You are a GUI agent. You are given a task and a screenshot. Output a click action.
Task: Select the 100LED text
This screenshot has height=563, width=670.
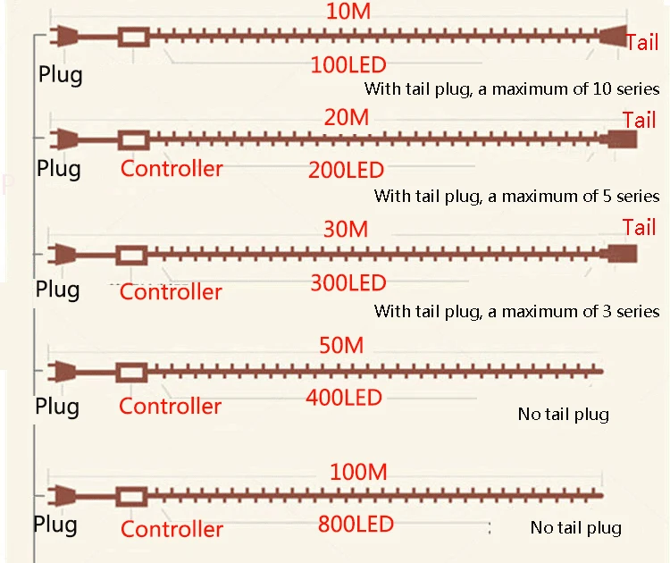tap(347, 65)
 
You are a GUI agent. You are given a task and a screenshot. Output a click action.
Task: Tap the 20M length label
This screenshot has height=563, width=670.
tap(347, 117)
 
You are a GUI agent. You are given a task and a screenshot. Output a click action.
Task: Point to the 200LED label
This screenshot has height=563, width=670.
tap(346, 170)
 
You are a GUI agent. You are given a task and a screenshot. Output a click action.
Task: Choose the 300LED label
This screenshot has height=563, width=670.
tap(348, 283)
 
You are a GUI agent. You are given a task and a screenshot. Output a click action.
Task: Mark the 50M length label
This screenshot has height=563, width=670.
tap(342, 345)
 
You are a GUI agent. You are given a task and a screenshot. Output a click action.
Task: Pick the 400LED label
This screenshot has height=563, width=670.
tap(344, 398)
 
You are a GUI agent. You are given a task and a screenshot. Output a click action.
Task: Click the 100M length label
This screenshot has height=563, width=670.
tap(357, 471)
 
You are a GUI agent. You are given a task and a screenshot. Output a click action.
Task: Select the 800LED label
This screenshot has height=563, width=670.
tap(355, 524)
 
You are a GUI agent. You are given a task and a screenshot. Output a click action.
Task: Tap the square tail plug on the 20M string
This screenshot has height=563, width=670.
tap(620, 140)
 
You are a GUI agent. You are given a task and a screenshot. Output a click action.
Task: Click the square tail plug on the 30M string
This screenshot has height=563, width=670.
tap(620, 253)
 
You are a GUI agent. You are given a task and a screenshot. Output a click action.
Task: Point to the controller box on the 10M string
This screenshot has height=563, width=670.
tap(133, 38)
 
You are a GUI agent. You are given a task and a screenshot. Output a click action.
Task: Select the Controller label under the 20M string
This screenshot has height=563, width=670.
tap(172, 169)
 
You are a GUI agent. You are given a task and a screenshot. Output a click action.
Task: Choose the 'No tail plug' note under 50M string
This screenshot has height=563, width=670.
tap(563, 414)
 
